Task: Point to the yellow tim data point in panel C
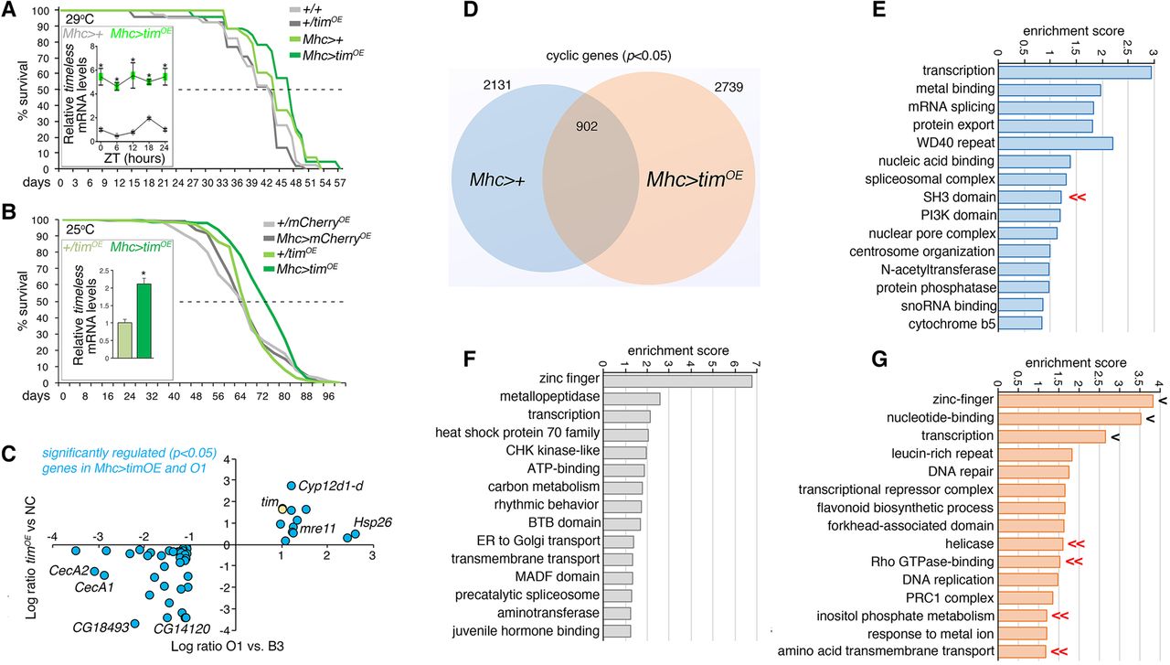click(x=283, y=509)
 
